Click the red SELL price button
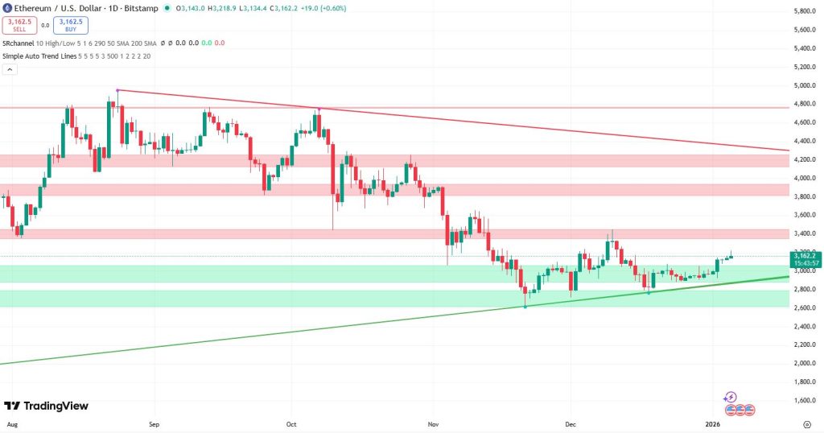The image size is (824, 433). [19, 25]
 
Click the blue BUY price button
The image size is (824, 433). [72, 25]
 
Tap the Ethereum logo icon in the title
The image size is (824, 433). [7, 9]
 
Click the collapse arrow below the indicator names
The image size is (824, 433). [10, 69]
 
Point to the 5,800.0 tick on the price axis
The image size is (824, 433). [805, 11]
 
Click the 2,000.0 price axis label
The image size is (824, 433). [805, 363]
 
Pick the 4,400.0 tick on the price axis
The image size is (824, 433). [805, 141]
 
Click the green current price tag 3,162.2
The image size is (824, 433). [805, 258]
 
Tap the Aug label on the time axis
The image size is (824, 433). [12, 423]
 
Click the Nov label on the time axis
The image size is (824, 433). [433, 423]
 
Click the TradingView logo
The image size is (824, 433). [46, 406]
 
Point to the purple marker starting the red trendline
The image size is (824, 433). [118, 90]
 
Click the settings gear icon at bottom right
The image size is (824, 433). [806, 423]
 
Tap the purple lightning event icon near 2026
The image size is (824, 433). [731, 397]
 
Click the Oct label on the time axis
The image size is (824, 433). [292, 423]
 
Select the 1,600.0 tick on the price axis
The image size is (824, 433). [805, 400]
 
